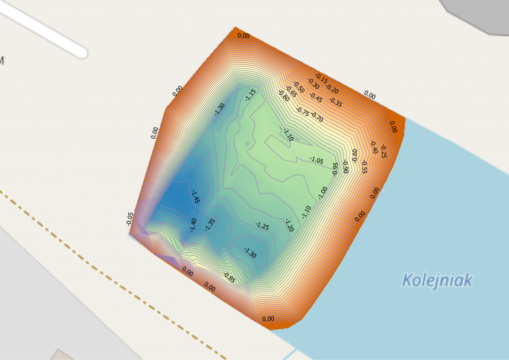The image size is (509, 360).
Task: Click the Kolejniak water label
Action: pos(437,280)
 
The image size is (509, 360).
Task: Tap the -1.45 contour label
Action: pos(195,197)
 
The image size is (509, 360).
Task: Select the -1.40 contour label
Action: pos(193,225)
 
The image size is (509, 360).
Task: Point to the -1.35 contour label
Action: pos(210,224)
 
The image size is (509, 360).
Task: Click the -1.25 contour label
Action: pos(262,226)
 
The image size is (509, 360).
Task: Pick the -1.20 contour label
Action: pos(289,225)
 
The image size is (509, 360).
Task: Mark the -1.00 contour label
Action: pos(323,193)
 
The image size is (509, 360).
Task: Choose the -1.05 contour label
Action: pos(316,160)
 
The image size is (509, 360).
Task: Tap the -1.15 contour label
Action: pos(251,95)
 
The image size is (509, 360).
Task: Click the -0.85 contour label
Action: pos(229,278)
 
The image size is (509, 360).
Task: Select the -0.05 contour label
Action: pos(130,219)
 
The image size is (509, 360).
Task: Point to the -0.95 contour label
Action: pos(335,168)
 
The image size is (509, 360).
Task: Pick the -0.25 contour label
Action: pos(383,151)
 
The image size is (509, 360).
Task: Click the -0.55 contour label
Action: pos(364,167)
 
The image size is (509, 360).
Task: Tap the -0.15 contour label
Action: pos(321,79)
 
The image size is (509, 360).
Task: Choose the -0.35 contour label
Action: pos(336,102)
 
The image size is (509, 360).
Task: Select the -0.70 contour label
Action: pos(317,117)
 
